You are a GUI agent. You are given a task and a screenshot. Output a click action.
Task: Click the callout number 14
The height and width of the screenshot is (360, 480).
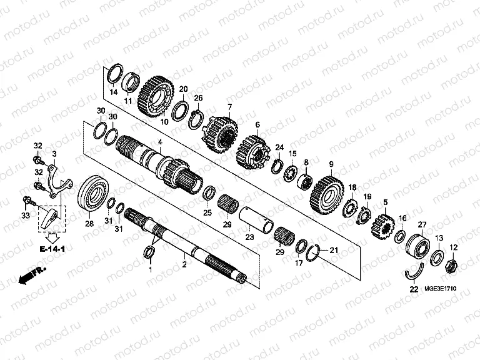(113, 92)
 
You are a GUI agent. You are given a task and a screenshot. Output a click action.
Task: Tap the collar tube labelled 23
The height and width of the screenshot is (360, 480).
(260, 218)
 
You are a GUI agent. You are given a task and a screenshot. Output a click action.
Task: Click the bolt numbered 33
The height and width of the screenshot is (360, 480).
(28, 201)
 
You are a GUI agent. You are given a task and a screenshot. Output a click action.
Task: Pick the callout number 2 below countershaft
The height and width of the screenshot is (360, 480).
(184, 265)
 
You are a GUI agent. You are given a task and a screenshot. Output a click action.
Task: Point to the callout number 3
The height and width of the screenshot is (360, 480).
(54, 154)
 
